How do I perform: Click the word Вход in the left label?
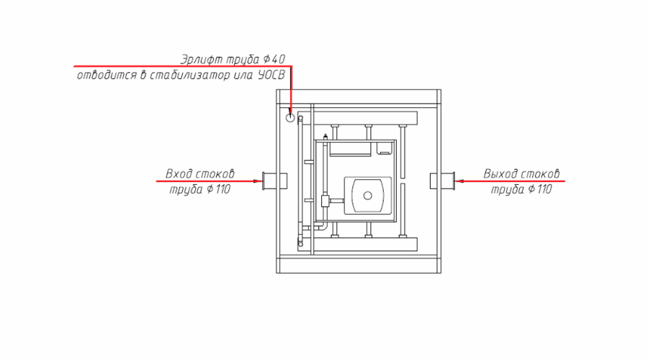pos(179,174)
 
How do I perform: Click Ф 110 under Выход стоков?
pos(539,190)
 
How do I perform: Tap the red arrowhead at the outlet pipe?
pos(461,181)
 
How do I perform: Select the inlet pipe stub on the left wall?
pos(271,181)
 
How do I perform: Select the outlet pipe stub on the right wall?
pos(444,181)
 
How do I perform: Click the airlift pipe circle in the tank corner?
pos(290,117)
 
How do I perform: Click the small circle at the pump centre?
pos(368,195)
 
